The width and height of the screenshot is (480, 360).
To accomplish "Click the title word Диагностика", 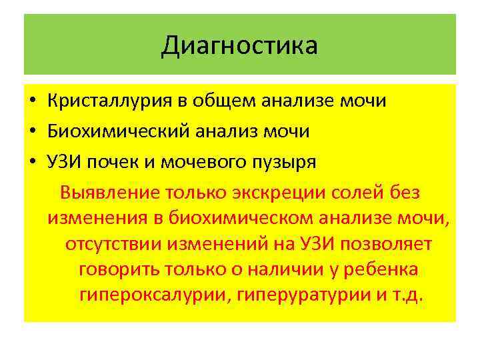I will [239, 46].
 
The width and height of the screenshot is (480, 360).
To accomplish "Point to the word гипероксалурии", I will [155, 295].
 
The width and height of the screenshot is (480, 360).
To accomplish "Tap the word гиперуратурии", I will [296, 295].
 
